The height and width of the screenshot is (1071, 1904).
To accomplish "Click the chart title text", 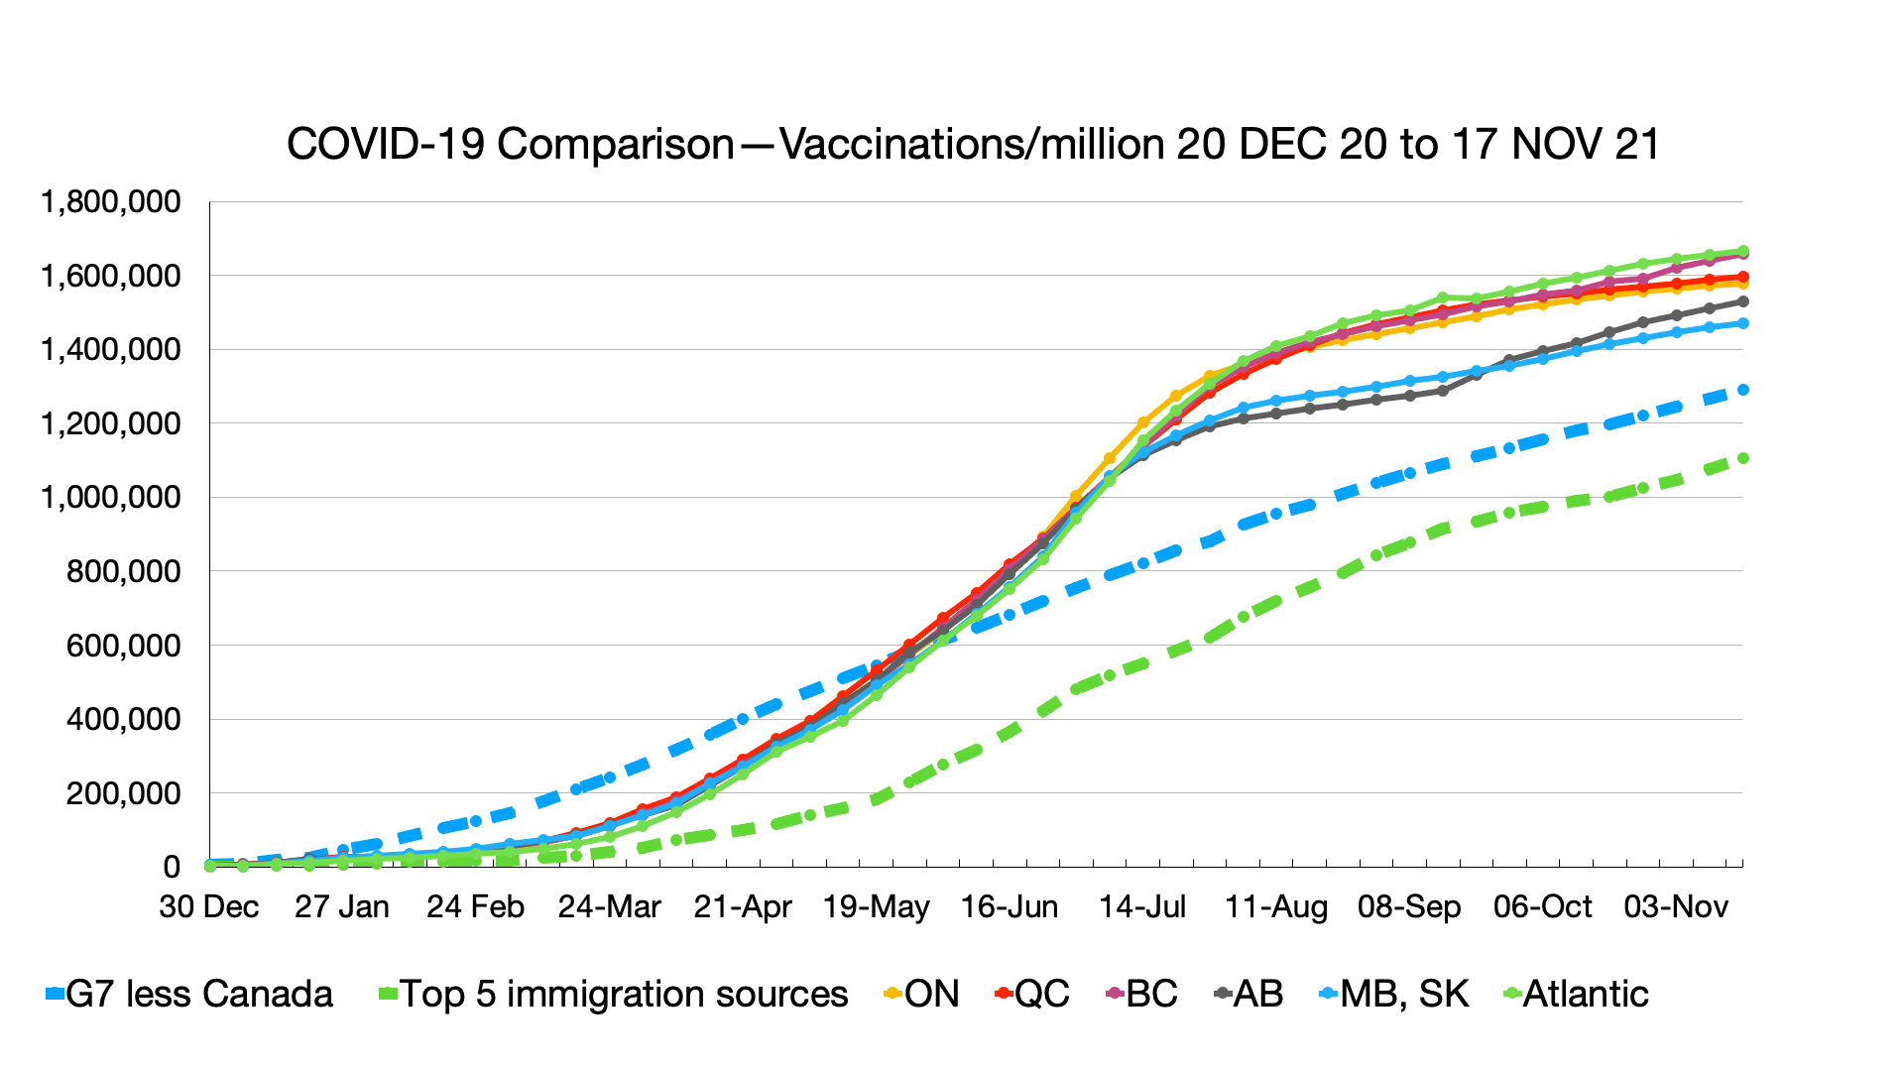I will click(x=973, y=145).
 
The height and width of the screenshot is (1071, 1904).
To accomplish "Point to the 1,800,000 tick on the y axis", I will click(x=110, y=202).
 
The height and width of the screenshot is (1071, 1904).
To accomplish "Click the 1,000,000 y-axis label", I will click(x=110, y=497).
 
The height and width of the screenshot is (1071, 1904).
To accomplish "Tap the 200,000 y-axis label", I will click(x=123, y=793).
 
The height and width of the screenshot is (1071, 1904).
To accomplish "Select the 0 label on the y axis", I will click(x=172, y=868).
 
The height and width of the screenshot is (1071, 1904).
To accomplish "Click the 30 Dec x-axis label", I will click(x=209, y=907).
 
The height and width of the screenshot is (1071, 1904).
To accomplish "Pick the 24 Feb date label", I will click(x=475, y=907).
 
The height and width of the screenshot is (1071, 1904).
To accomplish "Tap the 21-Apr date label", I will click(x=743, y=907).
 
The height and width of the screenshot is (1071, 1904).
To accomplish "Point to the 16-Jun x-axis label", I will click(x=1010, y=907).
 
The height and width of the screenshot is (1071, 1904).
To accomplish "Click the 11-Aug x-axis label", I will click(x=1276, y=907).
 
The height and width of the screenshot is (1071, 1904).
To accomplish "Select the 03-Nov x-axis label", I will click(x=1676, y=907).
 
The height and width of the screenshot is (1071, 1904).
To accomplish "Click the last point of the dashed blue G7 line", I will click(x=1742, y=390).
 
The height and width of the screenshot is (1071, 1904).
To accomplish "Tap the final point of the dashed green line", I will click(x=1742, y=458).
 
